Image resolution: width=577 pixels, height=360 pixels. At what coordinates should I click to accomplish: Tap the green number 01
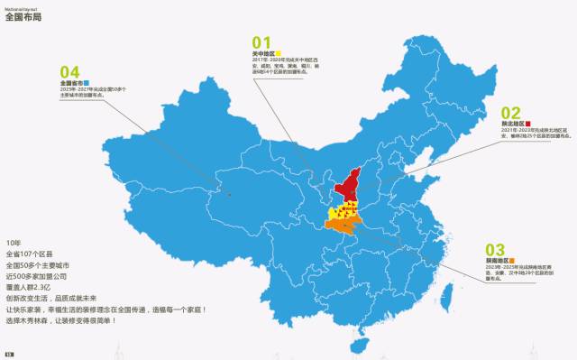coord(261,42)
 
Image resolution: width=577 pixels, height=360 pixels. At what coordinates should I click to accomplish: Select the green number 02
coord(510,111)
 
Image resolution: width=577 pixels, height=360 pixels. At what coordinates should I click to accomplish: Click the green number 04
coord(69,71)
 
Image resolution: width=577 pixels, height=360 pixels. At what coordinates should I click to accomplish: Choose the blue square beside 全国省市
coord(87,82)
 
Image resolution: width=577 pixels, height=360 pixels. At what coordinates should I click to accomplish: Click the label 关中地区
coord(263,54)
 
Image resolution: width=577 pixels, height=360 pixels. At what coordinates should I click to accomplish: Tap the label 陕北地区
coord(513,123)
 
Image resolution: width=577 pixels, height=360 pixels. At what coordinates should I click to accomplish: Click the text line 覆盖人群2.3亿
coord(32,286)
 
